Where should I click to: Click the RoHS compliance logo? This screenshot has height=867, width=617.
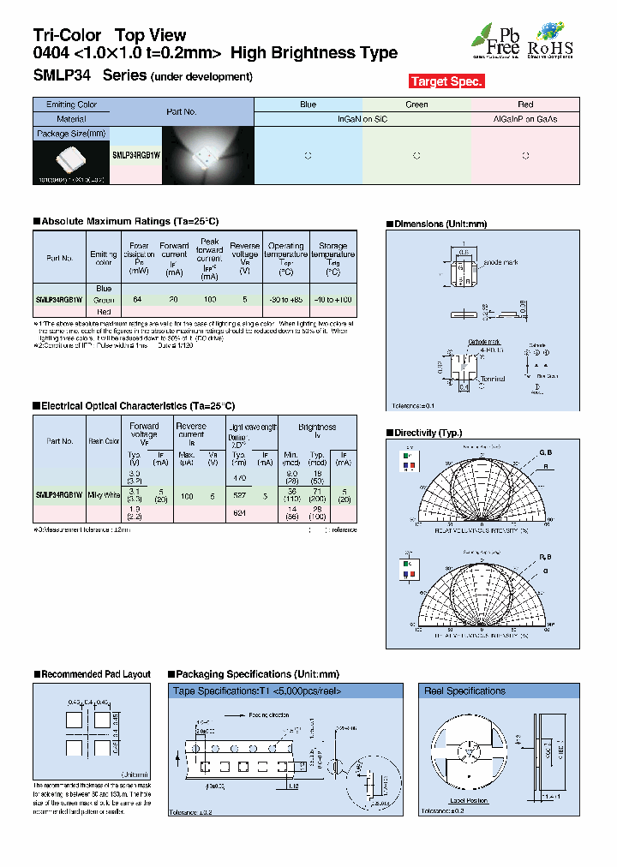pyautogui.click(x=549, y=40)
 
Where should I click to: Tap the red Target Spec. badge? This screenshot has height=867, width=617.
pyautogui.click(x=446, y=81)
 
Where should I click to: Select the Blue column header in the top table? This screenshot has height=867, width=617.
pyautogui.click(x=308, y=105)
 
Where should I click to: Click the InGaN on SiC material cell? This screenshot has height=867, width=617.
pyautogui.click(x=362, y=119)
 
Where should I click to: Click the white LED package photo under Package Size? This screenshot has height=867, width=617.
pyautogui.click(x=71, y=160)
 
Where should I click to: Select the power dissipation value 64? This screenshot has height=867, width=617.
pyautogui.click(x=137, y=300)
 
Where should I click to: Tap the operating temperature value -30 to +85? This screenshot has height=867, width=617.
pyautogui.click(x=285, y=300)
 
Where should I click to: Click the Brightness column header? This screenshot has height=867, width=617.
pyautogui.click(x=317, y=426)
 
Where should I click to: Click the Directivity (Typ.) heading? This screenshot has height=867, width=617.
pyautogui.click(x=427, y=433)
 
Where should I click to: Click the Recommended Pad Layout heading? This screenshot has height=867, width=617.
pyautogui.click(x=95, y=674)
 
